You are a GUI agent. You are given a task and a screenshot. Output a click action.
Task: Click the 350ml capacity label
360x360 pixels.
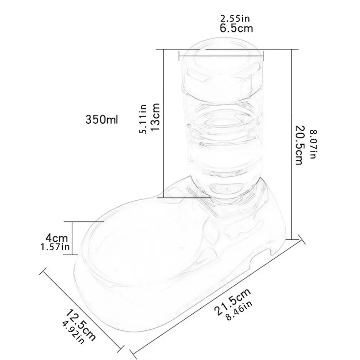pos(102,119)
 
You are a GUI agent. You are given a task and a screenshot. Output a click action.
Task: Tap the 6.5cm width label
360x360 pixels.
pos(236,29)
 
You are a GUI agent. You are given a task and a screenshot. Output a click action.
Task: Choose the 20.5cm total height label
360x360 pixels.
pos(299,144)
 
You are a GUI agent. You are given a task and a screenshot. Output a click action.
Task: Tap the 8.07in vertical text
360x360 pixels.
pos(312,144)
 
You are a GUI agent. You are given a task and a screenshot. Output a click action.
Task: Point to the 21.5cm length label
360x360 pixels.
pos(232,301)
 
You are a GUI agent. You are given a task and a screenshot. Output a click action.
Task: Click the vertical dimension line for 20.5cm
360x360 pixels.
pos(292,143)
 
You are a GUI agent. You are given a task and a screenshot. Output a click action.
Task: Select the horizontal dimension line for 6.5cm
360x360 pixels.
pos(221,55)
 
